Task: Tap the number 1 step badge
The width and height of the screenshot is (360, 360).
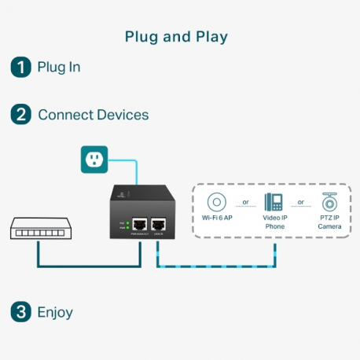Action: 20,67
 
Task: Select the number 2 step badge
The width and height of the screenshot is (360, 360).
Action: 20,115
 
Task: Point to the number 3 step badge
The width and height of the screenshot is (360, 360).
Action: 20,312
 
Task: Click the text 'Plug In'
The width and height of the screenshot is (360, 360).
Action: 59,67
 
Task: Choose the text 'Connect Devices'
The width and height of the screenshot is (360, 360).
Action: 93,115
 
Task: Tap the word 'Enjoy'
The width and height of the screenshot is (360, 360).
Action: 55,312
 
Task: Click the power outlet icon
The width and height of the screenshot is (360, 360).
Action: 94,160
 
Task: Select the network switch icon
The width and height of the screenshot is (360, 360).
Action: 38,229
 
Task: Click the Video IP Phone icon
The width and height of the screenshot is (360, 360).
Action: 274,200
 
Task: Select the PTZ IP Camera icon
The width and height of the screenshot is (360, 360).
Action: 329,200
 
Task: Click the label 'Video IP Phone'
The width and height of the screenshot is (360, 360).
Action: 274,222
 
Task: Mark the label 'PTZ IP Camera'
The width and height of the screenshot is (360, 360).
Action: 329,222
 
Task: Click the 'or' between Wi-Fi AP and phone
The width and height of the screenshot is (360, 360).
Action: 245,201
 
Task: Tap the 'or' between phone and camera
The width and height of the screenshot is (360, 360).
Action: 301,201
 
